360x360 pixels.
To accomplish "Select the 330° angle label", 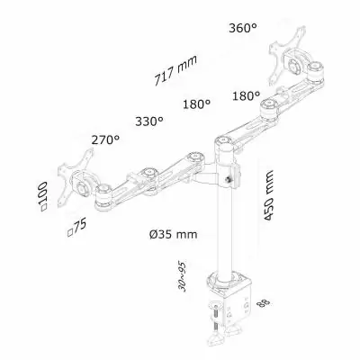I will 149,119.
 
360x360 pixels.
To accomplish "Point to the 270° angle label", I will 105,139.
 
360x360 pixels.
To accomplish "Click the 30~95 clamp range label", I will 183,275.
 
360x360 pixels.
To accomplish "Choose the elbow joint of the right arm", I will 267,112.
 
